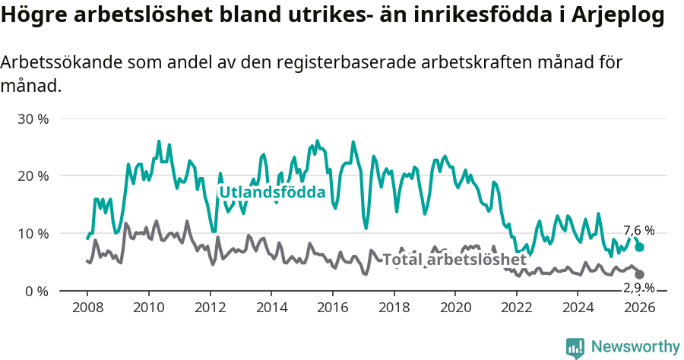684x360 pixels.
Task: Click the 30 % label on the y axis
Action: click(x=33, y=119)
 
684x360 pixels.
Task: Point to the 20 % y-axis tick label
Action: click(x=33, y=176)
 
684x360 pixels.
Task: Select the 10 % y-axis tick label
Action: click(x=33, y=233)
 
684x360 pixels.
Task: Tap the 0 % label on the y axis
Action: click(x=37, y=291)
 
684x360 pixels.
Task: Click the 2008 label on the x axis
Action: click(x=87, y=307)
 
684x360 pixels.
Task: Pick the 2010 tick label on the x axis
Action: click(x=148, y=307)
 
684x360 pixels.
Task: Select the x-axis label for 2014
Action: click(x=271, y=307)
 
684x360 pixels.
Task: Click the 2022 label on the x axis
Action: click(x=517, y=307)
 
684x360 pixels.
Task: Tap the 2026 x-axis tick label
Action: click(x=640, y=307)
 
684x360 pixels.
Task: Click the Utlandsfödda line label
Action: click(x=272, y=192)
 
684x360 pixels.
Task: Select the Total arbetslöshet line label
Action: click(x=454, y=260)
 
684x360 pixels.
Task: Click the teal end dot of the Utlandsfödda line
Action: click(x=640, y=247)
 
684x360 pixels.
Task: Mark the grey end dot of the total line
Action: click(x=640, y=274)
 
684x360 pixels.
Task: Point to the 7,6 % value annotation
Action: click(x=638, y=230)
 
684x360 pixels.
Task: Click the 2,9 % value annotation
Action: click(x=638, y=287)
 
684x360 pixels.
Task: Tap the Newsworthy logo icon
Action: click(x=575, y=347)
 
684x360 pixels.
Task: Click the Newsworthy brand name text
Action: click(x=635, y=347)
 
